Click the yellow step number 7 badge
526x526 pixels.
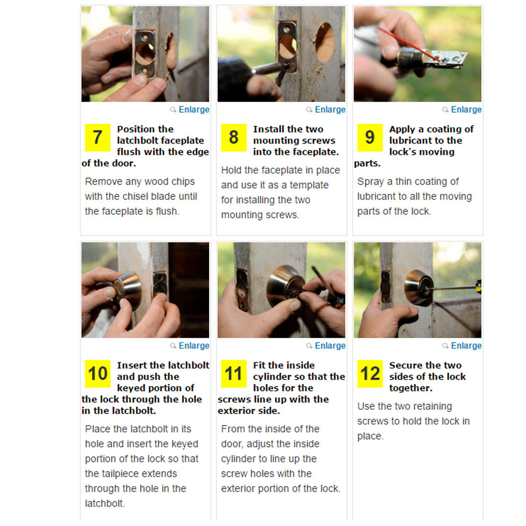click(x=98, y=138)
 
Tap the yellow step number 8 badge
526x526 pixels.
click(x=234, y=138)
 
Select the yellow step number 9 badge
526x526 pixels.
click(x=370, y=138)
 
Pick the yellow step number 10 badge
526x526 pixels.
click(x=98, y=374)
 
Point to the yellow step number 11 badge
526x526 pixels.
click(x=234, y=374)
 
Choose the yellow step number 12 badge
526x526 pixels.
click(x=370, y=374)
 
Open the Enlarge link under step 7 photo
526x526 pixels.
click(x=194, y=110)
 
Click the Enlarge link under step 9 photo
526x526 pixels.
click(x=466, y=110)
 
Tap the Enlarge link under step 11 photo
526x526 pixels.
click(x=330, y=346)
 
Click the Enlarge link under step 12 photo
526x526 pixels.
click(x=466, y=346)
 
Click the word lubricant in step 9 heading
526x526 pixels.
click(x=408, y=141)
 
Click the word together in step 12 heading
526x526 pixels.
click(x=411, y=388)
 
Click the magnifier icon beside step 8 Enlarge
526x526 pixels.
click(x=309, y=110)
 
